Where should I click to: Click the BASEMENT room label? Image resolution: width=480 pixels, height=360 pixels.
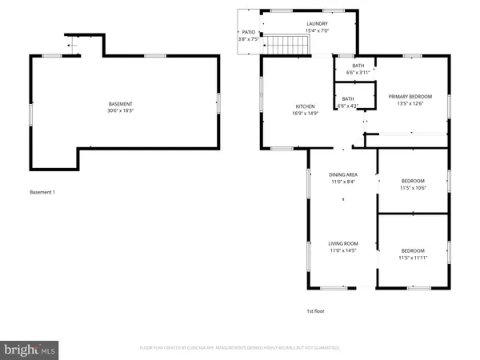(122, 104)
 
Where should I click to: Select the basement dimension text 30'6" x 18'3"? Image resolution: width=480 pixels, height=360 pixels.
(122, 112)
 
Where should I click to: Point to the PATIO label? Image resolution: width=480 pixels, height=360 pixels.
(249, 33)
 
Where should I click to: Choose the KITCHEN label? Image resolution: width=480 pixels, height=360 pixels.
(305, 106)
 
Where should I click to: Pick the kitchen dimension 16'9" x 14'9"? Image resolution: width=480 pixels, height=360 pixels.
(305, 114)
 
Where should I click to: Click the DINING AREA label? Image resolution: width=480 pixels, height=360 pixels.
(342, 174)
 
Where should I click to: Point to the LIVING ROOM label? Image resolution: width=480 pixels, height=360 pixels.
(342, 243)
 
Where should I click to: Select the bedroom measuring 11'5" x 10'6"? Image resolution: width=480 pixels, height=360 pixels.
(413, 185)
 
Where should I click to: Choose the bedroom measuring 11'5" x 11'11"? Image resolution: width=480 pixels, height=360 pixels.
(413, 254)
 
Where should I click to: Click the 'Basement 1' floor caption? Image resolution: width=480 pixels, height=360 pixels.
(42, 192)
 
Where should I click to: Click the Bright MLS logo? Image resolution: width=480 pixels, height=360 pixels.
(30, 349)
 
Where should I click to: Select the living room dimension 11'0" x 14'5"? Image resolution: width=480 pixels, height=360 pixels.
(342, 251)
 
